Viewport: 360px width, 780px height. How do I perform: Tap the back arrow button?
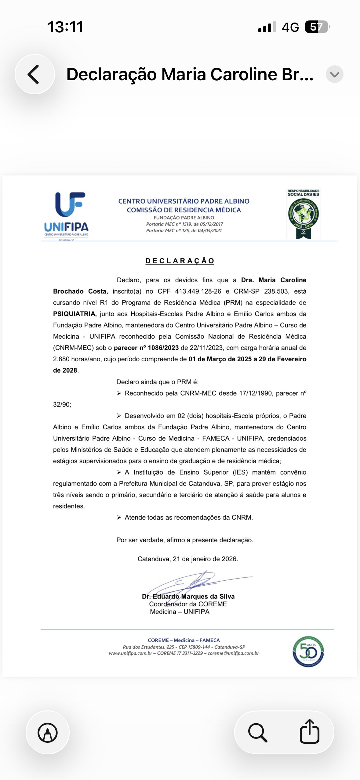(x=34, y=74)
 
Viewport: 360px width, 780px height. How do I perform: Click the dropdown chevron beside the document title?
(x=334, y=74)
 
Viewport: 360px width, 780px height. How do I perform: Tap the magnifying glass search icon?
(x=258, y=732)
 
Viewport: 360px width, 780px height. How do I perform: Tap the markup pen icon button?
(x=48, y=732)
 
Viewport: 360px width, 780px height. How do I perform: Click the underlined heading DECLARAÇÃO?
(x=180, y=261)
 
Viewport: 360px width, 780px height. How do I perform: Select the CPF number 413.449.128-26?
(x=198, y=291)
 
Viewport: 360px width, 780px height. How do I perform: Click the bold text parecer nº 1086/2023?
(x=146, y=348)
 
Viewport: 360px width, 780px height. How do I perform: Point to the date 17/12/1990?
(x=255, y=393)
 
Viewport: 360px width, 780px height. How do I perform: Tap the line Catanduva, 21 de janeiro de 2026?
(x=187, y=559)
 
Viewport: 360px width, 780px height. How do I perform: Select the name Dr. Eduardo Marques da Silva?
(x=188, y=597)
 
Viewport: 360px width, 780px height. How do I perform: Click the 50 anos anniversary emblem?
(x=308, y=652)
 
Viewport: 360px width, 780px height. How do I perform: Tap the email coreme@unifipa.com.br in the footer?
(x=233, y=653)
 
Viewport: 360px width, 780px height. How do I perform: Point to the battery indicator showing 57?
(x=317, y=27)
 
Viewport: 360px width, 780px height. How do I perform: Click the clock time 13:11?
(x=65, y=27)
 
